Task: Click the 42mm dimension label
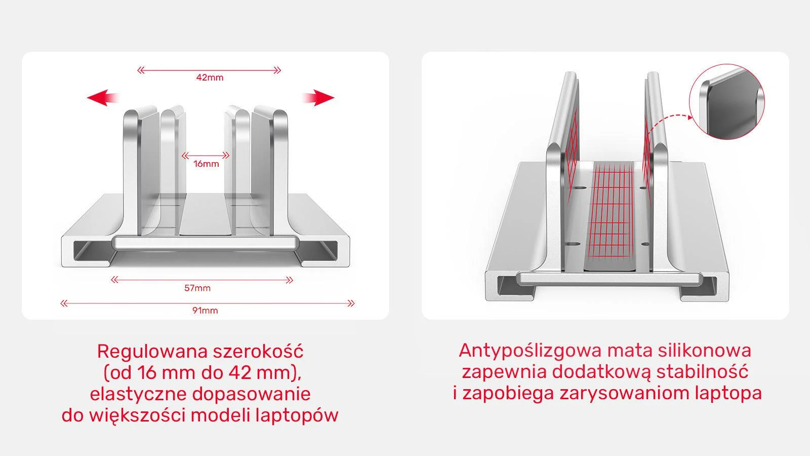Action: tap(210, 78)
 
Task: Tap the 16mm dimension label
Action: tap(206, 164)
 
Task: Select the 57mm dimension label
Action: tap(197, 288)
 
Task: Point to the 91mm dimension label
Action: tap(205, 310)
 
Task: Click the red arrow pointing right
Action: tap(318, 97)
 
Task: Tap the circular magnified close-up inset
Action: tap(727, 101)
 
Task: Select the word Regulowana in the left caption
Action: tap(152, 351)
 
